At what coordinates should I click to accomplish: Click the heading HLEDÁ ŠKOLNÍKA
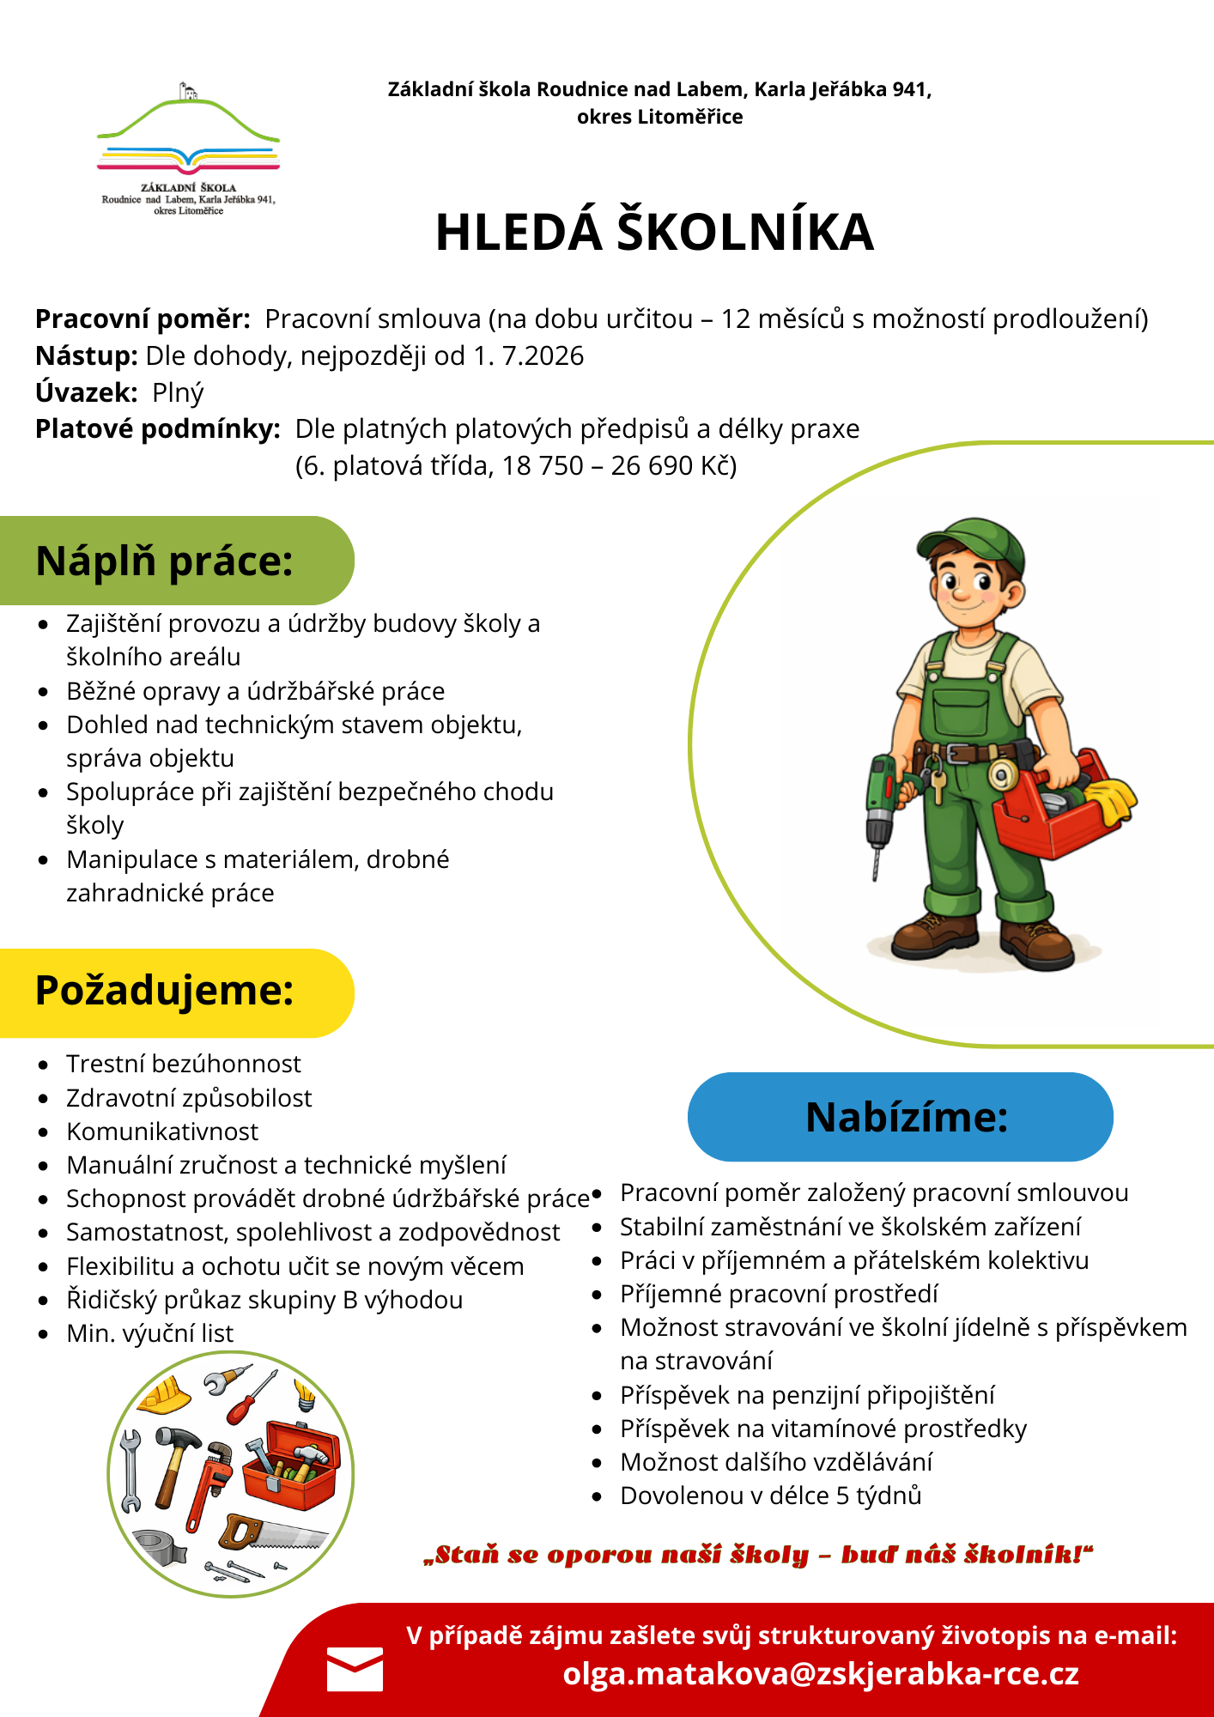pyautogui.click(x=654, y=232)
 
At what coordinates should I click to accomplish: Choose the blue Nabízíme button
pyautogui.click(x=900, y=1117)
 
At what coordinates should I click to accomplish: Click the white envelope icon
pyautogui.click(x=355, y=1669)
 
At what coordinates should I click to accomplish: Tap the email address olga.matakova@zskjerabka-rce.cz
pyautogui.click(x=821, y=1674)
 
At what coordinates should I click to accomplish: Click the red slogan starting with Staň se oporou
pyautogui.click(x=758, y=1555)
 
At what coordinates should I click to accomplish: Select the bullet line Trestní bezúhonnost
pyautogui.click(x=184, y=1064)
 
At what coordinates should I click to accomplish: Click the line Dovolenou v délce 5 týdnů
pyautogui.click(x=770, y=1496)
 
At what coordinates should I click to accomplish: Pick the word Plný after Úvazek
pyautogui.click(x=178, y=392)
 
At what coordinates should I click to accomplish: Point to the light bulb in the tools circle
pyautogui.click(x=304, y=1392)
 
